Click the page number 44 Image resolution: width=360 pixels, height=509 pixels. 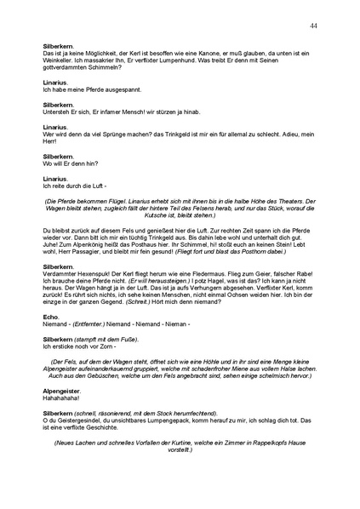pyautogui.click(x=314, y=26)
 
